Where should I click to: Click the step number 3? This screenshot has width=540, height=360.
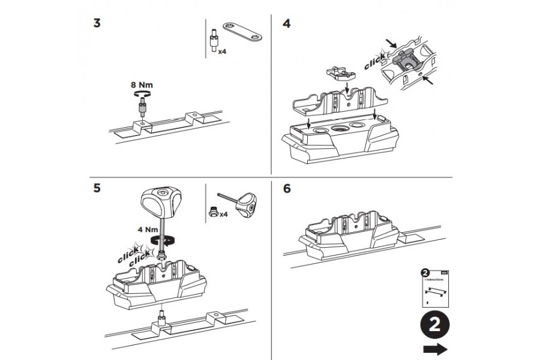(97, 24)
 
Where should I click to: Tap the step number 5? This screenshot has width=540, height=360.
(97, 188)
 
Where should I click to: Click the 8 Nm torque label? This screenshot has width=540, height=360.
(142, 86)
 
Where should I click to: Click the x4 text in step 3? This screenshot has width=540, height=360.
(221, 52)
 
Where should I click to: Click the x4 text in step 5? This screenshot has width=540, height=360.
(223, 214)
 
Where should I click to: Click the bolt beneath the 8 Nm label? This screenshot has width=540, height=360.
(143, 109)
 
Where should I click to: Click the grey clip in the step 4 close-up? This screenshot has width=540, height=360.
(405, 61)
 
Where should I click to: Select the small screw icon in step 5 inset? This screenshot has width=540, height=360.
(212, 210)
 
